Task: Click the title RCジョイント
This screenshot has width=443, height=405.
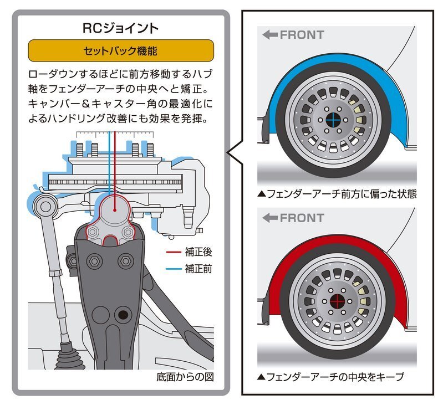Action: point(120,28)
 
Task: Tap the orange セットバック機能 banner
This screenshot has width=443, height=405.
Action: point(120,51)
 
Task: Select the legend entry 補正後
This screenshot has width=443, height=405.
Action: point(198,252)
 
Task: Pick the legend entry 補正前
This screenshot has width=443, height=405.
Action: point(198,269)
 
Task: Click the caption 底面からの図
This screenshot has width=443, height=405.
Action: point(185,377)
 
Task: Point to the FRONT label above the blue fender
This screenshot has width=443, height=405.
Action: point(302,35)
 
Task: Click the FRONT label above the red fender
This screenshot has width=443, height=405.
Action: point(302,218)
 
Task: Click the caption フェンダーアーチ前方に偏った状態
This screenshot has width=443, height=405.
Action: point(337,194)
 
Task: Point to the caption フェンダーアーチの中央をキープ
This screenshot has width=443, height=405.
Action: point(330,377)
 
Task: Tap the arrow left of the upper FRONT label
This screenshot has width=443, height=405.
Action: point(270,35)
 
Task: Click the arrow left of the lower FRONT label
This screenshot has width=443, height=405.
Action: point(270,218)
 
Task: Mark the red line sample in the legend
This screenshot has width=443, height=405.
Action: point(174,253)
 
